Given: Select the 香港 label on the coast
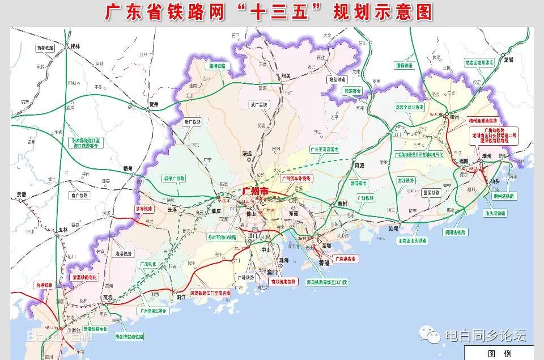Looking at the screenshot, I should click(323, 264).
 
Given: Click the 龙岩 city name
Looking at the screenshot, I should click(511, 58).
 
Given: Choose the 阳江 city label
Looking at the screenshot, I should click(181, 296).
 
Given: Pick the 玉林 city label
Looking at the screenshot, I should click(63, 230).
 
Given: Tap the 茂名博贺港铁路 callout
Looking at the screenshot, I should click(129, 336).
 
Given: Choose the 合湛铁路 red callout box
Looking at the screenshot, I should click(44, 285).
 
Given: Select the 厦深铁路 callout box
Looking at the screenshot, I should click(431, 193).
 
